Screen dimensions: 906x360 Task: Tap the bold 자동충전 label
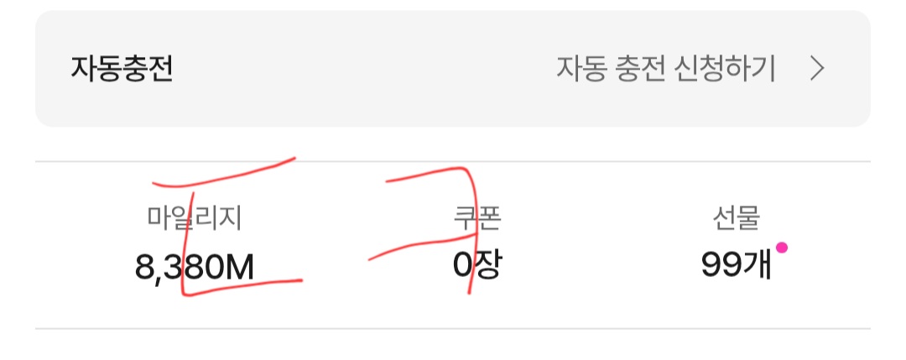pos(122,70)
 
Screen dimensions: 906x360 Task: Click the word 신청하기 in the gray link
pos(725,70)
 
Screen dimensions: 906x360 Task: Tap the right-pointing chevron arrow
pos(816,70)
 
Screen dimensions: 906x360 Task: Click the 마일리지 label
pos(194,218)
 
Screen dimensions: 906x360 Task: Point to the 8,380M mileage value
pos(194,266)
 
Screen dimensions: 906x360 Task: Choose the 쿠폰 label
pos(477,218)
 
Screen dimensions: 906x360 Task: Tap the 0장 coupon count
pos(477,265)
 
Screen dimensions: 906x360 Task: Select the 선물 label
pos(737,218)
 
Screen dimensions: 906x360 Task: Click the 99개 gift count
pos(737,265)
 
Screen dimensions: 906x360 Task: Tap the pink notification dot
pos(781,248)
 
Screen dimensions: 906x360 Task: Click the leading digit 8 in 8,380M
pos(144,267)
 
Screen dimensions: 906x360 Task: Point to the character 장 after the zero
pos(489,265)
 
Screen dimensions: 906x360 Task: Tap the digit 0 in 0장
pos(463,266)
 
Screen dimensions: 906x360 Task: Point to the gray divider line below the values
pos(453,329)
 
